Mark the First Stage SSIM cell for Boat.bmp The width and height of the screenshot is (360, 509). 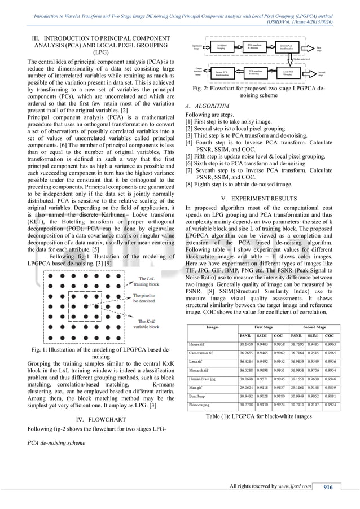[263, 396]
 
